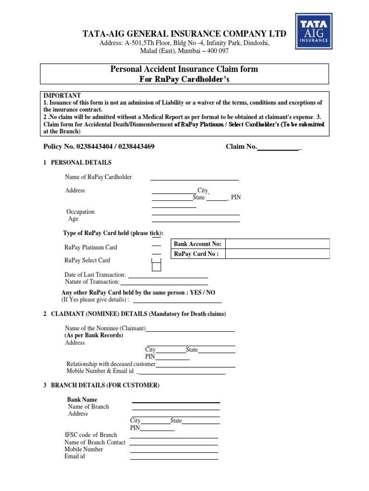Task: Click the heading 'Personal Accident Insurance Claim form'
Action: (x=184, y=69)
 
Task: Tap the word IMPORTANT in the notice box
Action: (x=62, y=95)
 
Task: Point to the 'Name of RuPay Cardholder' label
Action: (x=98, y=177)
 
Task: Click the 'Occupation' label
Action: (x=80, y=211)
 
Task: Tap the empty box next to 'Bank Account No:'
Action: (x=277, y=244)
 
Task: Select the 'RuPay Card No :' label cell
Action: (x=197, y=254)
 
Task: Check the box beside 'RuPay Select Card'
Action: (x=156, y=265)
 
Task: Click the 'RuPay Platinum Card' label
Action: (x=90, y=247)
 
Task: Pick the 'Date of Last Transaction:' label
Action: (x=95, y=275)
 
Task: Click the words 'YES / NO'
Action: (x=203, y=292)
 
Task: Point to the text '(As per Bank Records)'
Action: (x=94, y=336)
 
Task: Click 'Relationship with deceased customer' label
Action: (x=111, y=364)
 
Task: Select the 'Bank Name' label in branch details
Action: (x=82, y=399)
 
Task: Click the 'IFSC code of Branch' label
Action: (x=91, y=435)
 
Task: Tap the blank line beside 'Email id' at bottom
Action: (x=174, y=458)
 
